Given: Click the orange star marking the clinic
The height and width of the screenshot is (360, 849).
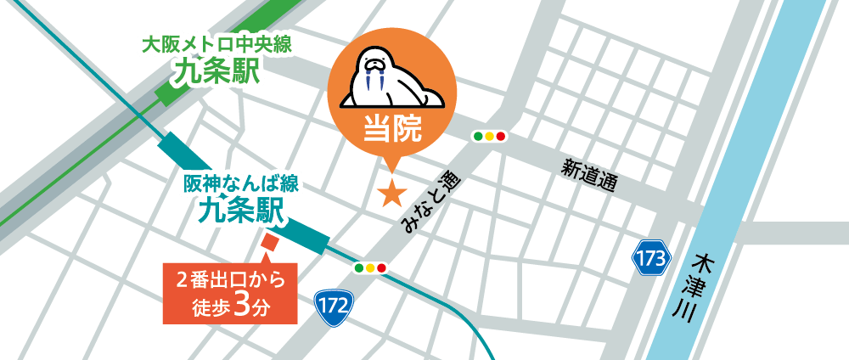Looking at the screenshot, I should [391, 193].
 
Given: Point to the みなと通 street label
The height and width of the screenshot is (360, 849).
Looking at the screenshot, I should [430, 200].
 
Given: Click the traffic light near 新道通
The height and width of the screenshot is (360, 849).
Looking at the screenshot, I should [488, 136].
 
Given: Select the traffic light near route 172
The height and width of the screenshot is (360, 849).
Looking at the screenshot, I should [370, 268].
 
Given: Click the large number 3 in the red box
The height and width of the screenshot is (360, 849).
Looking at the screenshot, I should [239, 305].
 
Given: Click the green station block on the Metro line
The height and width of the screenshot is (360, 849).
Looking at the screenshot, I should [182, 85].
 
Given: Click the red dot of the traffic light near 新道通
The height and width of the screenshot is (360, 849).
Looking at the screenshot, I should [501, 136].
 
